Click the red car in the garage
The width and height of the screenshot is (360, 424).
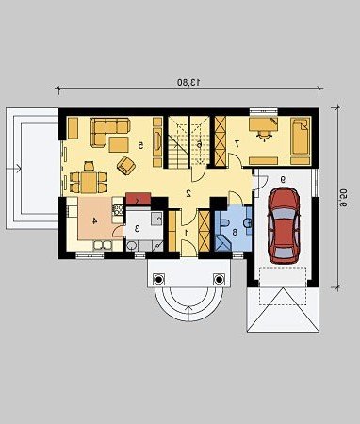tap(284, 225)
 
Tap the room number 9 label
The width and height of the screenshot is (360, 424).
tap(283, 179)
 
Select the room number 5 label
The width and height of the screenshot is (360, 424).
tap(141, 145)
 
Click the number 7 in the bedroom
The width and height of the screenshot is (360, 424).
tap(237, 143)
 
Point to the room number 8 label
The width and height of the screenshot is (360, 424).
tap(235, 233)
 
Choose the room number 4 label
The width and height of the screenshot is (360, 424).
tap(94, 220)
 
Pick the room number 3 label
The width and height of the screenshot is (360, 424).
tap(137, 228)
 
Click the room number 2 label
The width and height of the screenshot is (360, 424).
tap(188, 193)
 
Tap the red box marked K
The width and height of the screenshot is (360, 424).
tap(138, 200)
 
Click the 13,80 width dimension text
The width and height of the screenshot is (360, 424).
tap(188, 82)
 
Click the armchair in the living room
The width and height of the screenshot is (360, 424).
tap(126, 165)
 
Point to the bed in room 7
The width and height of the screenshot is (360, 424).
tap(300, 137)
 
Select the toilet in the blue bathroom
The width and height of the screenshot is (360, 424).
tap(225, 223)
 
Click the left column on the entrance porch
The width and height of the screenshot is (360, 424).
tap(158, 279)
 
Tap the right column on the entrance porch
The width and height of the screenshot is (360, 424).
tap(219, 279)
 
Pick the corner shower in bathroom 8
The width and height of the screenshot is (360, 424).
tap(222, 242)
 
